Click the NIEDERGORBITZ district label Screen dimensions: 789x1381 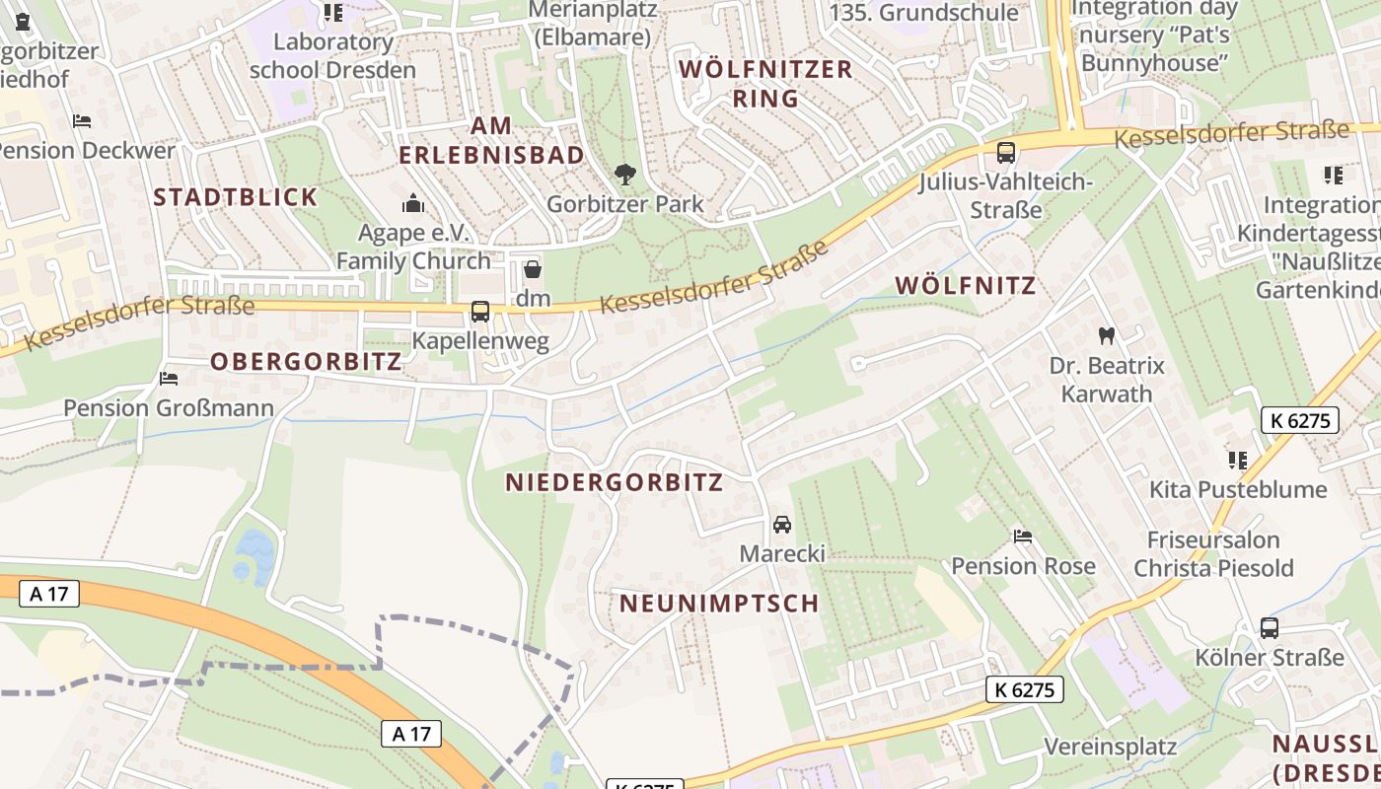(x=614, y=482)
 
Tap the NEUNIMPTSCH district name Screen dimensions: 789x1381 (x=719, y=603)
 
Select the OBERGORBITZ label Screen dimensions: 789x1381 (x=306, y=361)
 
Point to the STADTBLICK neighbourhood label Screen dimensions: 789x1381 (x=236, y=196)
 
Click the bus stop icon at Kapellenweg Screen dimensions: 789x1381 (x=480, y=312)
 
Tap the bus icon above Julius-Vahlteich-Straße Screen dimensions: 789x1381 (x=1006, y=153)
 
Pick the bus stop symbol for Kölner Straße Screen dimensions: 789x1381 (x=1270, y=628)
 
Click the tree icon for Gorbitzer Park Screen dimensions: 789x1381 (x=624, y=175)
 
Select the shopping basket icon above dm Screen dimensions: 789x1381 (x=533, y=268)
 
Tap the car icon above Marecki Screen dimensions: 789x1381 (x=782, y=524)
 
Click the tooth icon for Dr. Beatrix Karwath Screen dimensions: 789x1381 (x=1107, y=335)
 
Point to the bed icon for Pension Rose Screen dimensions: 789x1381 (x=1023, y=537)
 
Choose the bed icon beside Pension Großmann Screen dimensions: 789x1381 (x=169, y=378)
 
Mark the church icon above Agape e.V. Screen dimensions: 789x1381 (x=412, y=204)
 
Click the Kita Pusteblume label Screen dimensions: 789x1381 (x=1238, y=489)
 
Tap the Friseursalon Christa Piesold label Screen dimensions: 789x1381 (x=1212, y=553)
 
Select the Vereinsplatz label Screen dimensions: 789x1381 (x=1110, y=746)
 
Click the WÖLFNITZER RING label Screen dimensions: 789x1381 (x=766, y=84)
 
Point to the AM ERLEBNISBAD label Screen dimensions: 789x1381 (x=491, y=140)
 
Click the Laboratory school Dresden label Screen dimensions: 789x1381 (x=332, y=56)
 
